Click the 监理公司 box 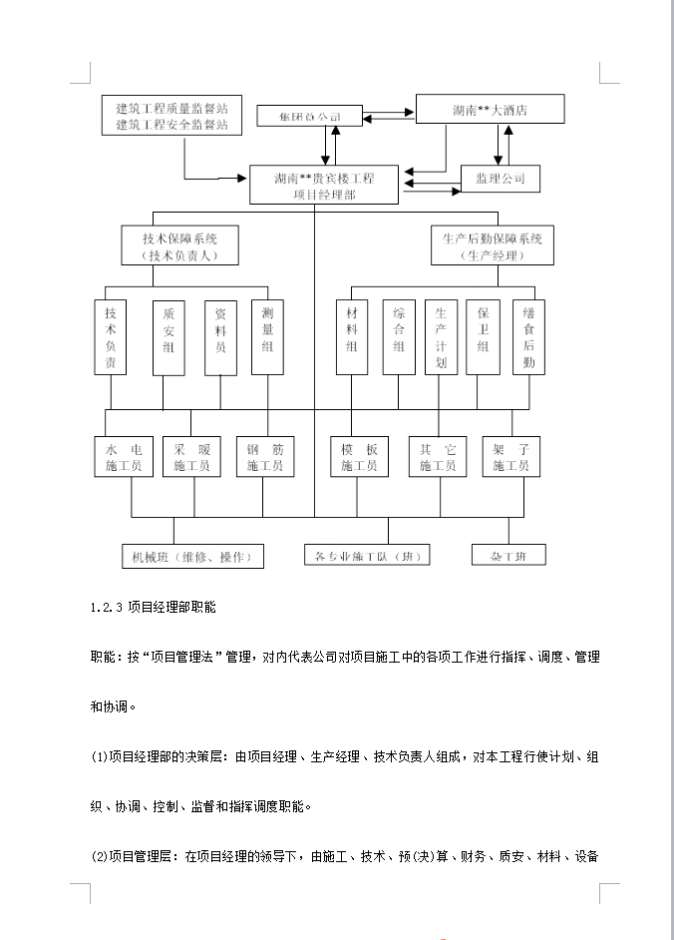coord(500,180)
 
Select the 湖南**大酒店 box coord(489,110)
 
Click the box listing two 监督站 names coord(171,116)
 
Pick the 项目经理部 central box coord(324,187)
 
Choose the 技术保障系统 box coord(180,246)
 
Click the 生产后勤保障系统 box coord(493,246)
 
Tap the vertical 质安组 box coord(168,337)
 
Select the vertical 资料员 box coord(220,337)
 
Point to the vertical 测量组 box coord(268,337)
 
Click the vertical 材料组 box coord(351,337)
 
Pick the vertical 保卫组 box coord(483,337)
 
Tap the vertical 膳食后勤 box coord(529,337)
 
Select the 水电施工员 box coord(124,457)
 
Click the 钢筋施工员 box coord(265,457)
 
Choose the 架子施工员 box coord(510,457)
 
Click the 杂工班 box coord(508,555)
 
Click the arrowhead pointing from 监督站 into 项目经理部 coord(243,180)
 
